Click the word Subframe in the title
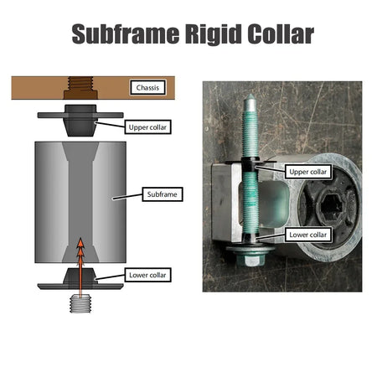pyautogui.click(x=126, y=34)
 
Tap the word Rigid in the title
pyautogui.click(x=213, y=34)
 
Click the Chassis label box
pyautogui.click(x=147, y=87)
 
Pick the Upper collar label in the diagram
pyautogui.click(x=147, y=127)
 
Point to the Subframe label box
pyautogui.click(x=163, y=194)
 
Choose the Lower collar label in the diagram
pyautogui.click(x=147, y=275)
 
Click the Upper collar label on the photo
pyautogui.click(x=308, y=172)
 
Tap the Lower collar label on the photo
pyautogui.click(x=308, y=235)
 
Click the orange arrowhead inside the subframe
pyautogui.click(x=80, y=245)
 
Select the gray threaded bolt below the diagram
pyautogui.click(x=80, y=303)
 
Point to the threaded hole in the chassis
pyautogui.click(x=80, y=87)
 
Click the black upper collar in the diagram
pyautogui.click(x=80, y=120)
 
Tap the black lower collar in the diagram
pyautogui.click(x=80, y=279)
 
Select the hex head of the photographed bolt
pyautogui.click(x=250, y=260)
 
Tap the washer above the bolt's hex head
pyautogui.click(x=250, y=248)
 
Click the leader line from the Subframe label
pyautogui.click(x=127, y=197)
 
